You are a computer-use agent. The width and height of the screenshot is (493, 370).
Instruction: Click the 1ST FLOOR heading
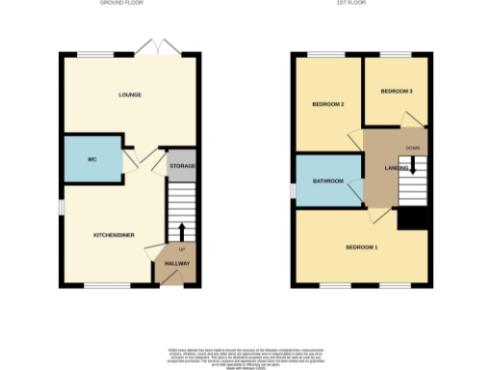[362, 4]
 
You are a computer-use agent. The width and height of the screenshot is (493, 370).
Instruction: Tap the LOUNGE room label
[130, 94]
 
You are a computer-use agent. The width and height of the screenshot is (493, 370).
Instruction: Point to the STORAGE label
[182, 167]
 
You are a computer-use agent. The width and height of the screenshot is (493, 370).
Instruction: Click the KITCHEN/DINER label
[114, 235]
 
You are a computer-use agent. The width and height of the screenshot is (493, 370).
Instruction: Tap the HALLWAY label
[177, 263]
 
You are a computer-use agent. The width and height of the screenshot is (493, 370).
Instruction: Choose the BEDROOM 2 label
[328, 103]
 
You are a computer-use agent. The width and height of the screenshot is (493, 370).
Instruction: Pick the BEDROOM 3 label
[396, 92]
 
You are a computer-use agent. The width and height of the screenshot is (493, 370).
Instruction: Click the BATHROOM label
[328, 180]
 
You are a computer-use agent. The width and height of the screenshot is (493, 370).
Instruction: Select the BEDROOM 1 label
[362, 248]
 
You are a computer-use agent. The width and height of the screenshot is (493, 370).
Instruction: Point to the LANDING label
[396, 168]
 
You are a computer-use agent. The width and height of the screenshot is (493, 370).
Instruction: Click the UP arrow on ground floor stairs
[179, 231]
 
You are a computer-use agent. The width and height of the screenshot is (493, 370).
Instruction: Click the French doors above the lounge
[151, 46]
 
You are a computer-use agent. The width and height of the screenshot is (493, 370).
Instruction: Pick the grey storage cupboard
[182, 160]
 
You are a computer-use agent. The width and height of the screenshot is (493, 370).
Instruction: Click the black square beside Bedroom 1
[413, 220]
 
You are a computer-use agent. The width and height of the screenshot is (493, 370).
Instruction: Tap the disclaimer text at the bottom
[246, 356]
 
